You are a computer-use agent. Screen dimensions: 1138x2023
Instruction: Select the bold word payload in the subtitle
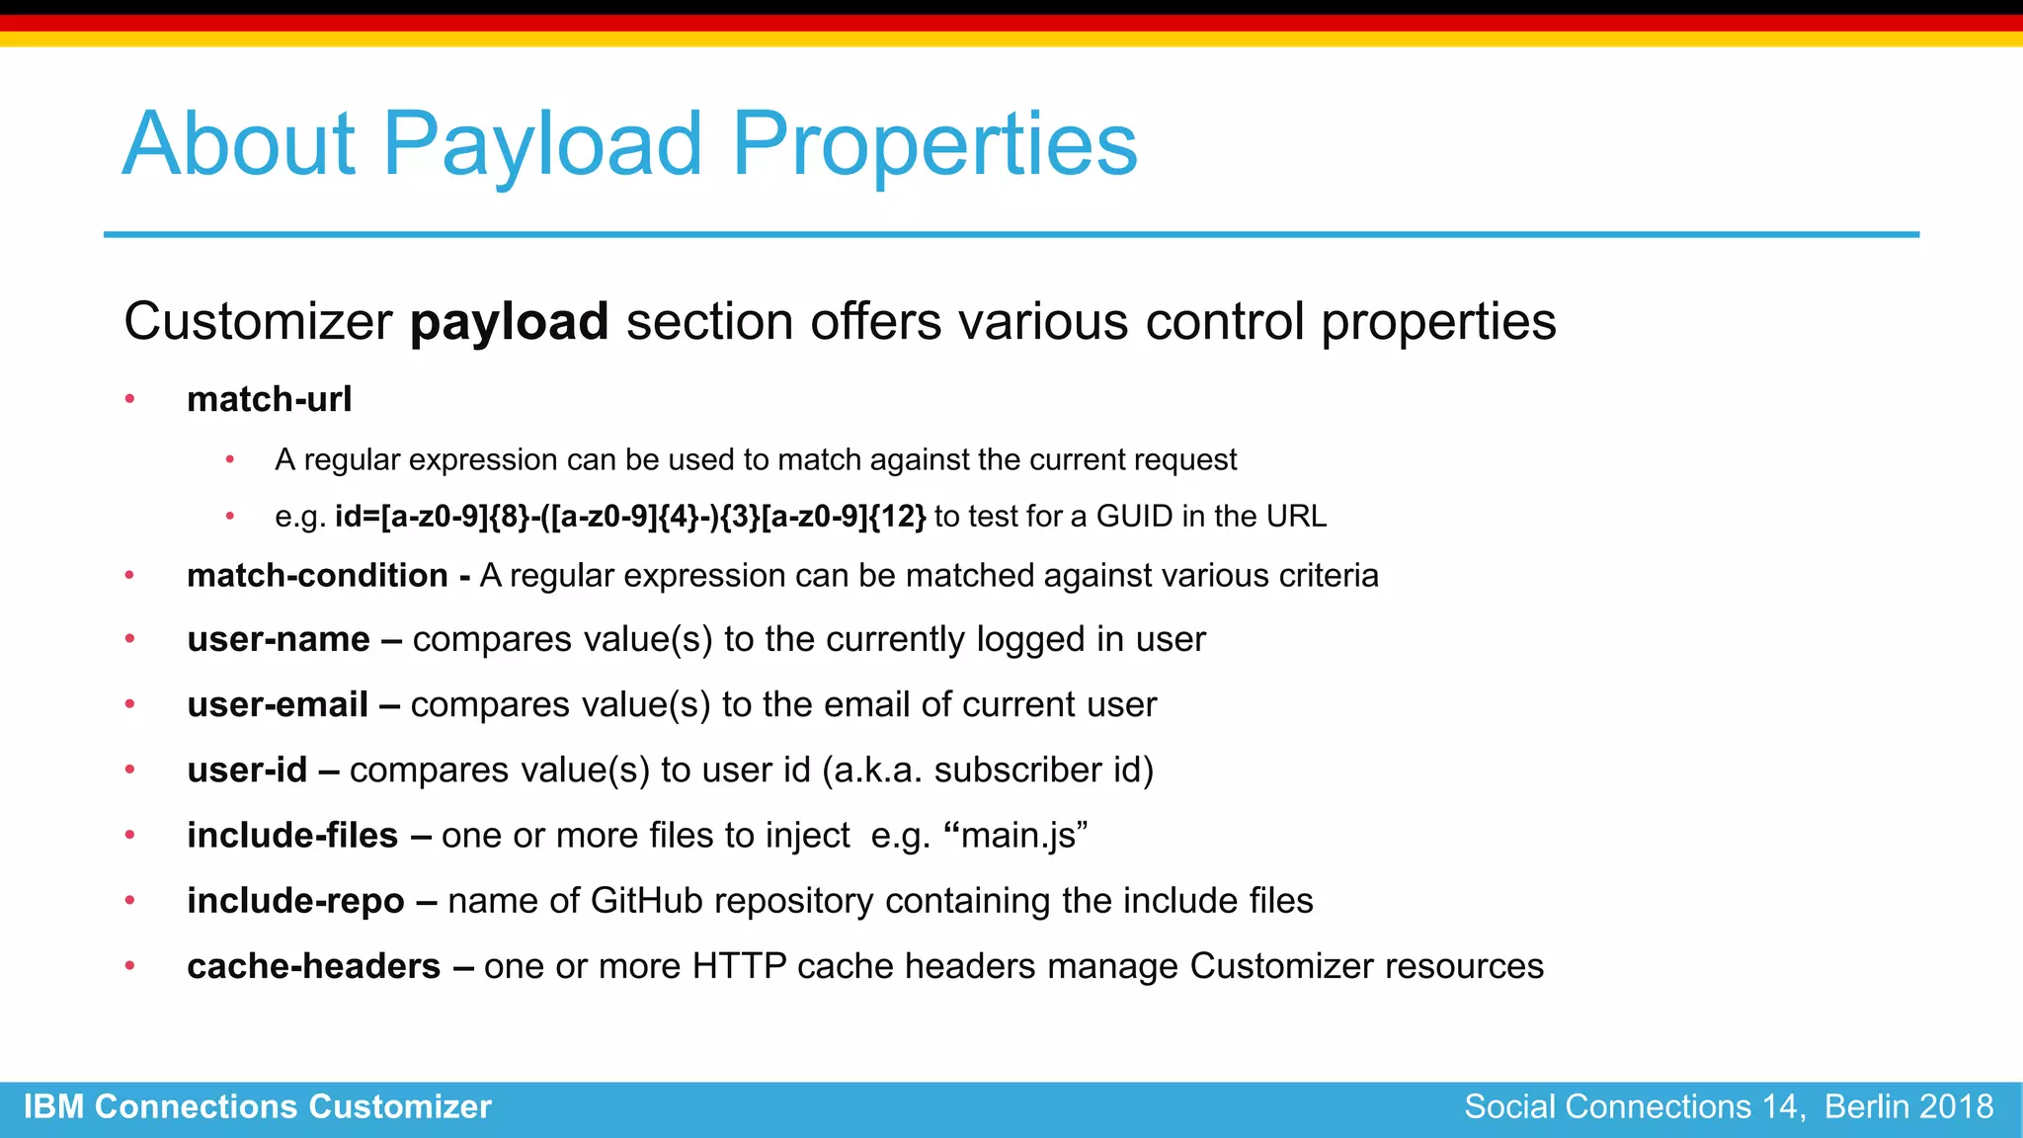tap(509, 323)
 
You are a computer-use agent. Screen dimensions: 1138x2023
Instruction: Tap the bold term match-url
tap(269, 399)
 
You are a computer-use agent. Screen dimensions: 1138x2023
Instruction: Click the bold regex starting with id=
tap(630, 517)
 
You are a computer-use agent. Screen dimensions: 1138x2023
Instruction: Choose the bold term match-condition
tap(317, 576)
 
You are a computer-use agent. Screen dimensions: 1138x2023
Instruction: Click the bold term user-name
tap(279, 640)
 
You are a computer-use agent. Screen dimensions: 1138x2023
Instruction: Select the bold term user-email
tap(278, 705)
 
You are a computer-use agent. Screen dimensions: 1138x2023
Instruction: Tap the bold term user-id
tap(247, 771)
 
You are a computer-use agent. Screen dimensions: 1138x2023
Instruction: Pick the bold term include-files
tap(292, 836)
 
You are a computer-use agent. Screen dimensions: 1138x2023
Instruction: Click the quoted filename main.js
tap(1017, 836)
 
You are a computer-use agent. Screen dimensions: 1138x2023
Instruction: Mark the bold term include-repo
tap(295, 901)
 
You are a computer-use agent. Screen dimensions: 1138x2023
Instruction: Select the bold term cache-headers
tap(313, 966)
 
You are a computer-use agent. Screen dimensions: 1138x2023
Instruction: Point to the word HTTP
tap(739, 966)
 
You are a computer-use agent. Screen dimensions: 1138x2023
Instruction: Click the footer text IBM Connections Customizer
tap(257, 1106)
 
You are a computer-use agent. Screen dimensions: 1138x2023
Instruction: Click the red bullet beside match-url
tap(129, 399)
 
